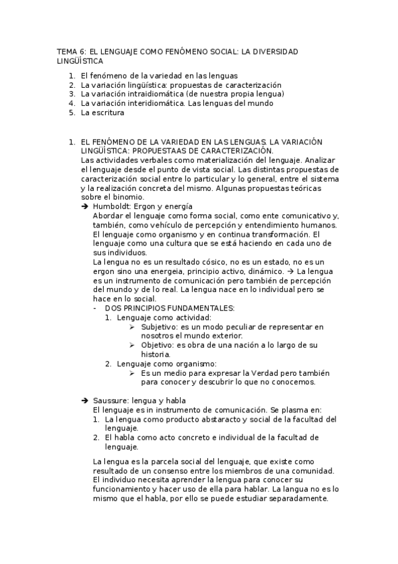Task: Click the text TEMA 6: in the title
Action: [x=68, y=52]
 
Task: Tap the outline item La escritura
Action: [x=102, y=113]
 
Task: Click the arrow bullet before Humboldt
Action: [x=84, y=207]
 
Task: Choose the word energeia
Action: [x=139, y=272]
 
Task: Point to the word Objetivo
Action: [x=156, y=345]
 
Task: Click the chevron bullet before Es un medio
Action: [x=132, y=373]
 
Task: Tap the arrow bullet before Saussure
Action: [x=84, y=400]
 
